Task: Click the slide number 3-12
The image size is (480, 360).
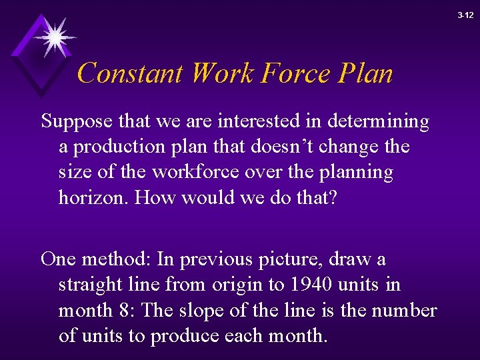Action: [465, 14]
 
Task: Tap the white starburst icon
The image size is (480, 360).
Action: [55, 37]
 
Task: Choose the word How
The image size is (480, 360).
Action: [151, 197]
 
